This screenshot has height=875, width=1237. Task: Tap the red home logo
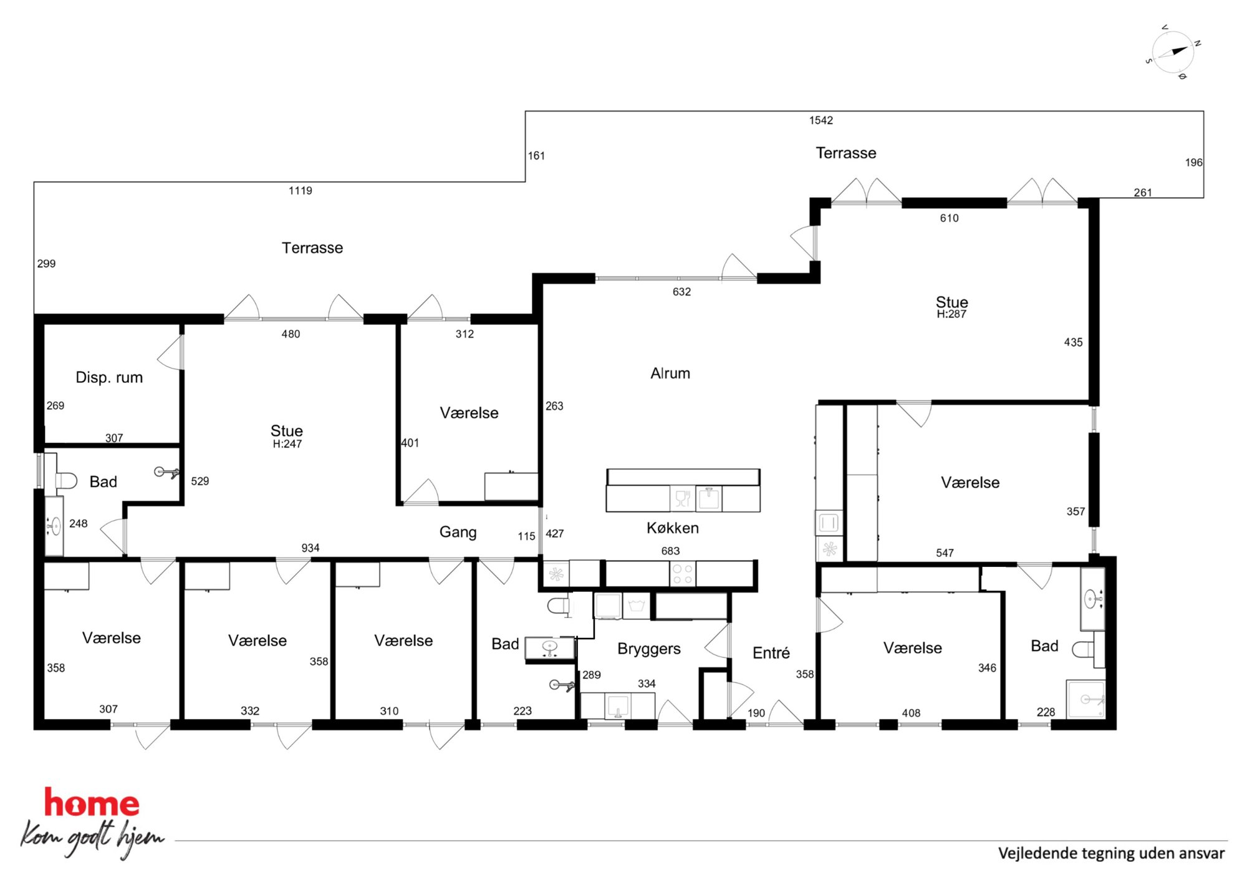pos(92,803)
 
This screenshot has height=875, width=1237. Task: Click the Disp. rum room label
pos(109,377)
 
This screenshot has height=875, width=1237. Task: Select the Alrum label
pos(670,373)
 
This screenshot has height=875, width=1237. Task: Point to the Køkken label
pos(673,528)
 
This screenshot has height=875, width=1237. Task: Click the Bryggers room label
pos(649,649)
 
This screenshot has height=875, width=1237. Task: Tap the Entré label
pos(771,652)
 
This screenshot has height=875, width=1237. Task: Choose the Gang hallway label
pos(458,532)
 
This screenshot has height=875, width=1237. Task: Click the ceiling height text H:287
pos(951,314)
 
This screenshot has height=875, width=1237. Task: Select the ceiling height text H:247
pos(287,444)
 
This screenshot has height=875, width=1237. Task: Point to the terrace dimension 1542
pos(821,120)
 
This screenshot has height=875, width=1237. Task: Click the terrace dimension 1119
pos(300,191)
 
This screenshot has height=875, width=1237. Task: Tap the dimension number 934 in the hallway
pos(310,548)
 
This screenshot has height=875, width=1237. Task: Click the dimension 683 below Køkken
pos(670,551)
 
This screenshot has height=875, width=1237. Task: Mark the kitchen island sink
pos(709,498)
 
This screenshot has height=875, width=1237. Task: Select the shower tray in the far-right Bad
pos(1085,699)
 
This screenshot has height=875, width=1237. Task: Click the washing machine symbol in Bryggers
pos(636,606)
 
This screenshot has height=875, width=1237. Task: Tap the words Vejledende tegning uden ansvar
pos(1111,853)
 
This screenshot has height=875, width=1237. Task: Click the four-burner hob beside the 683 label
pos(682,574)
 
